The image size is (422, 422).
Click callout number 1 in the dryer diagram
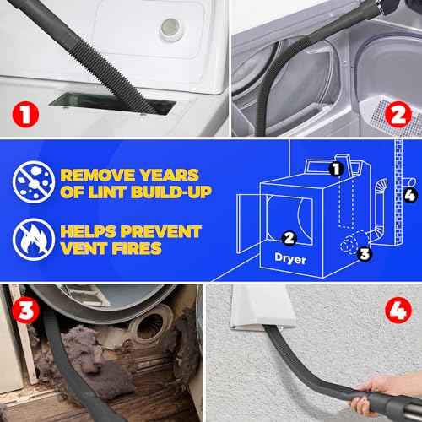(x=335, y=168)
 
